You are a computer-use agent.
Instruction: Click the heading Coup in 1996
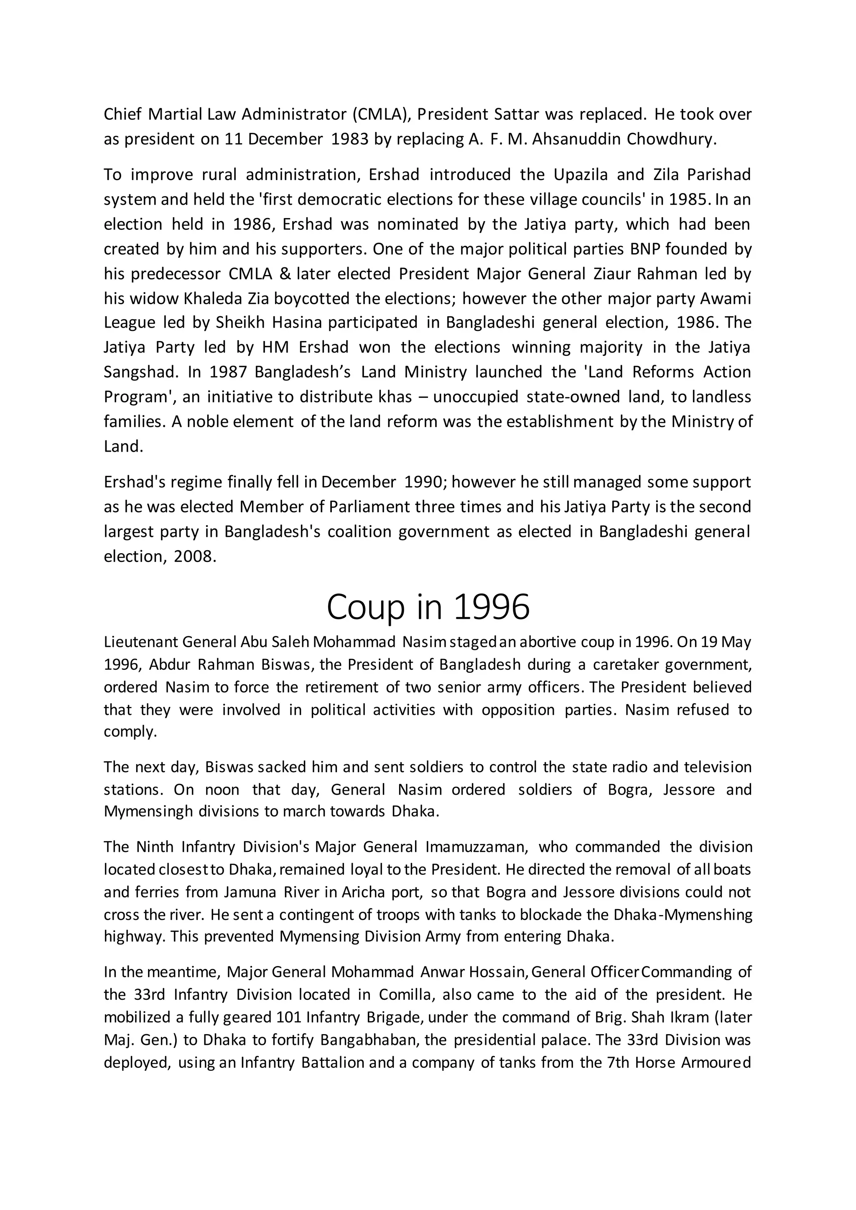(428, 607)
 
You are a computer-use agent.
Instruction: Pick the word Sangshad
(138, 372)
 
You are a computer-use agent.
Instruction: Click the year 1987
(228, 372)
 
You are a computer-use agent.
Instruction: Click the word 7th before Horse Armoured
(616, 1063)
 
